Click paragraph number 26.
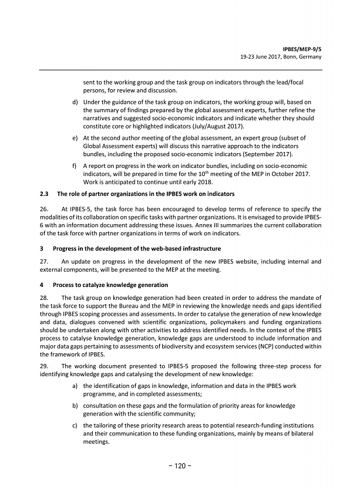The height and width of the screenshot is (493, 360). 44,210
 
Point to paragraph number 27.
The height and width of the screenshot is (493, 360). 44,261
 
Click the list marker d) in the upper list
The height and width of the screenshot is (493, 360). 75,102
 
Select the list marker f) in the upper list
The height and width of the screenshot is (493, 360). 75,166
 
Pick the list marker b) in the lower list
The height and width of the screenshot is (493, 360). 75,406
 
